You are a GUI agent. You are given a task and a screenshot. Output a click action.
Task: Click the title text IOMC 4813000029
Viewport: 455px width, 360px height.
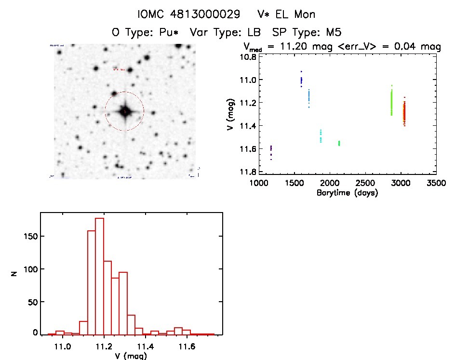[189, 14]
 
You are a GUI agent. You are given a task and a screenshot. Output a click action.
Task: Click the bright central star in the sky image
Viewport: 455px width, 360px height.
[124, 111]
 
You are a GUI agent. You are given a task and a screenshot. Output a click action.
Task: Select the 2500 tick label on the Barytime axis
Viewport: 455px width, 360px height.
[365, 184]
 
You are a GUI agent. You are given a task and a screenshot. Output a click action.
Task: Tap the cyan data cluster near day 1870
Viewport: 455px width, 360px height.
[321, 136]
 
